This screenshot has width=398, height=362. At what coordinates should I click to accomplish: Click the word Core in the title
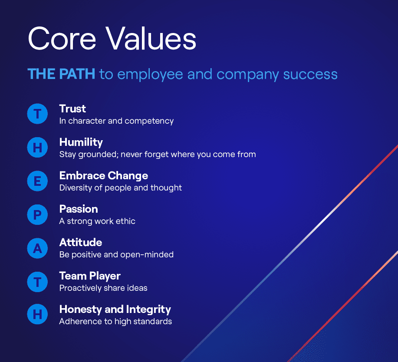click(x=62, y=39)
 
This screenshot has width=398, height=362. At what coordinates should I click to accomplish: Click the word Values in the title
click(x=151, y=38)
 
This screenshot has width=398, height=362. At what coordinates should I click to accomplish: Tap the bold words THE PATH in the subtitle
click(x=62, y=74)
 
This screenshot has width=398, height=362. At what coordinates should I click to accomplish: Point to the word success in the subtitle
click(x=310, y=74)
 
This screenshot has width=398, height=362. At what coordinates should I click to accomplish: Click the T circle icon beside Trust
click(x=37, y=114)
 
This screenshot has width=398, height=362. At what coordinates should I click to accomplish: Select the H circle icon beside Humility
click(x=37, y=148)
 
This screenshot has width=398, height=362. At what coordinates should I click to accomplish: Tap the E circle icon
click(x=37, y=181)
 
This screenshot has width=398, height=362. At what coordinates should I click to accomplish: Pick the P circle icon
click(x=37, y=215)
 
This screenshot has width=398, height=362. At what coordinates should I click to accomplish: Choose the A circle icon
click(x=37, y=248)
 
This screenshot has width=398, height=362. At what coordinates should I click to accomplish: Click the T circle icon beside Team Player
click(x=37, y=282)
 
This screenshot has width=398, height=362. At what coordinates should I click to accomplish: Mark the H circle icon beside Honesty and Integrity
click(x=37, y=314)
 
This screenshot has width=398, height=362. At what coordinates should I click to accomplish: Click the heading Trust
click(x=72, y=109)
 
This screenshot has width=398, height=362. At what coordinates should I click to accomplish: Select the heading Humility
click(x=81, y=143)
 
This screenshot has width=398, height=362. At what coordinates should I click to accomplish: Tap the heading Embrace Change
click(x=104, y=176)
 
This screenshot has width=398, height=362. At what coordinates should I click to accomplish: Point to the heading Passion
click(x=79, y=209)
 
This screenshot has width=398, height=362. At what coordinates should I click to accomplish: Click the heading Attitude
click(x=81, y=243)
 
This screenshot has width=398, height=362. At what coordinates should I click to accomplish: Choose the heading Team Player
click(x=90, y=276)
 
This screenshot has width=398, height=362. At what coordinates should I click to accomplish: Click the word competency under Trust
click(x=149, y=122)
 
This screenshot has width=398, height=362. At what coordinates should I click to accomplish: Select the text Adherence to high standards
click(x=115, y=322)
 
